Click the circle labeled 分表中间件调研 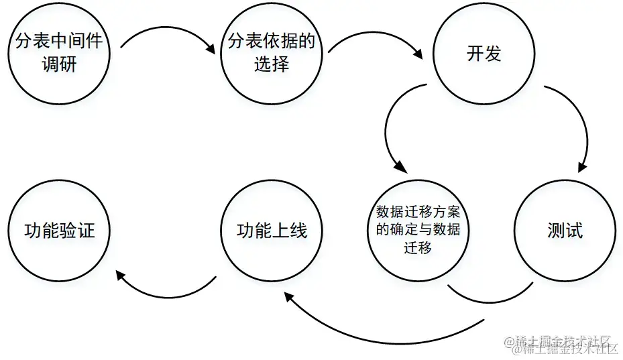[x=59, y=54]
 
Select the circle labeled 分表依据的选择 [x=272, y=54]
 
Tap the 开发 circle [x=484, y=54]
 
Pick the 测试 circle [x=565, y=231]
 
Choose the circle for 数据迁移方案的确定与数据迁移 [x=418, y=231]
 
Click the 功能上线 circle [x=272, y=231]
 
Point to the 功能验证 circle [x=59, y=231]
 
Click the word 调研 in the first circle [x=59, y=65]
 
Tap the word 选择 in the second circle [x=272, y=65]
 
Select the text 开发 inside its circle [x=484, y=54]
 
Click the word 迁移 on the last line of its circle [x=418, y=247]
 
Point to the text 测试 [x=565, y=231]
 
